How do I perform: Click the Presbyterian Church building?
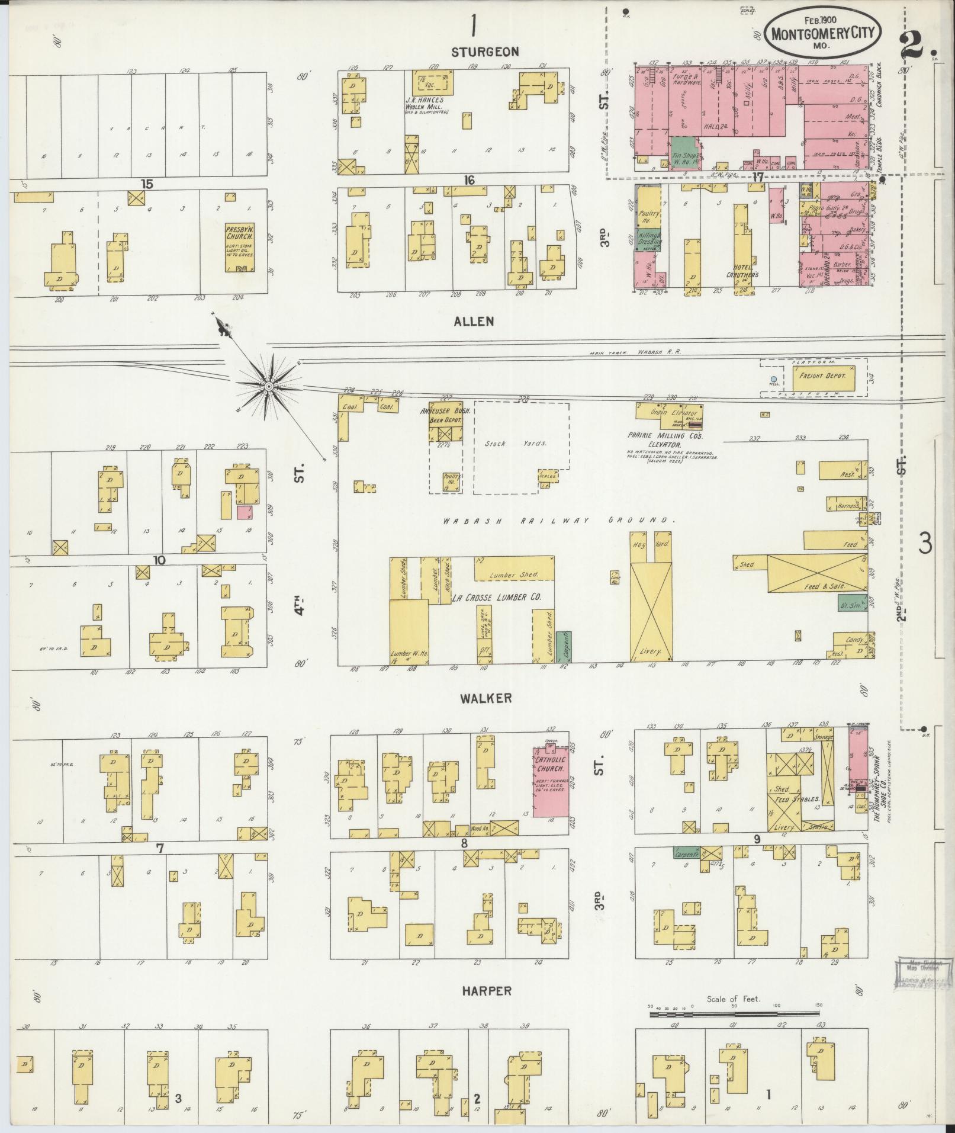239,247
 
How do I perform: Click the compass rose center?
269,387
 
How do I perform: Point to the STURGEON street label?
485,52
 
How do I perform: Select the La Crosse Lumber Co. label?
496,598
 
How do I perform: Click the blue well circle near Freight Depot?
773,379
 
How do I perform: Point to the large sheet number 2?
915,44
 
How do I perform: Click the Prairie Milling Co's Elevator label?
664,440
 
